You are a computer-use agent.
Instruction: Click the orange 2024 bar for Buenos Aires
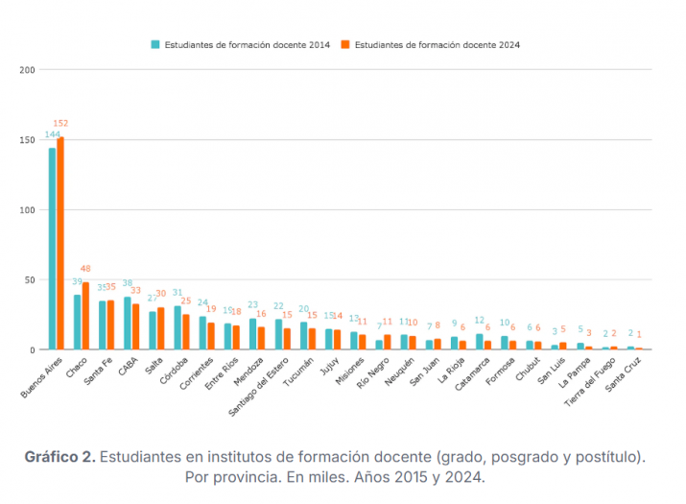click(60, 244)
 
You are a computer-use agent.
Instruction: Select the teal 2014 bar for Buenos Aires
click(52, 249)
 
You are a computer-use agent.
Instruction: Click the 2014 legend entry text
click(247, 44)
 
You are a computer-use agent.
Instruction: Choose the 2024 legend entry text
click(437, 44)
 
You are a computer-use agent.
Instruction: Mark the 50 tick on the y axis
click(31, 280)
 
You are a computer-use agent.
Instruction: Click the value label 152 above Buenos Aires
click(61, 123)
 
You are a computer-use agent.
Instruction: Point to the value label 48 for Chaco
click(85, 269)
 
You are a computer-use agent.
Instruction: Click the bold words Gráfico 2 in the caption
click(59, 455)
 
